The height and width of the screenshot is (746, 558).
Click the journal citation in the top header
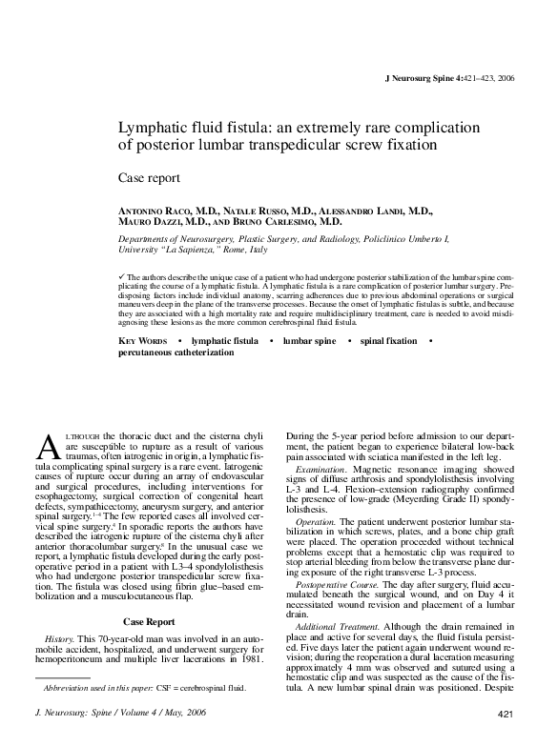coord(448,77)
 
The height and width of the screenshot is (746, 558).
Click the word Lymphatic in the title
coord(156,127)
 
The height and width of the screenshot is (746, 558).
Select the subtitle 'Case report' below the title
coord(149,178)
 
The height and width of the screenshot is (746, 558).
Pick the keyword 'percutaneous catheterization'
coord(176,352)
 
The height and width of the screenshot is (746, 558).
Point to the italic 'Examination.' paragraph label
coord(324,470)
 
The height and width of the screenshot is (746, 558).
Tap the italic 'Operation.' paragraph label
coord(316,523)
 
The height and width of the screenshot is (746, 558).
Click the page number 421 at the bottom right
coord(506,714)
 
